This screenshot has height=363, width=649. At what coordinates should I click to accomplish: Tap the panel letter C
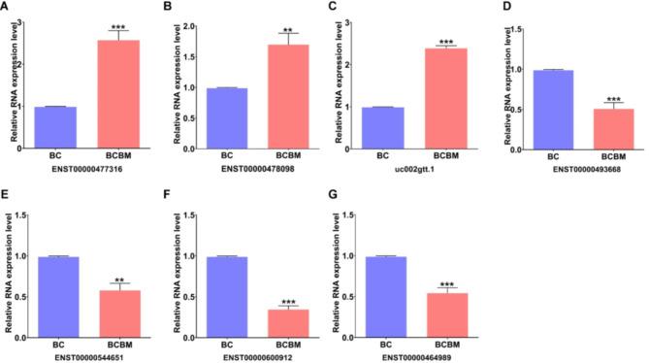coord(335,9)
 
